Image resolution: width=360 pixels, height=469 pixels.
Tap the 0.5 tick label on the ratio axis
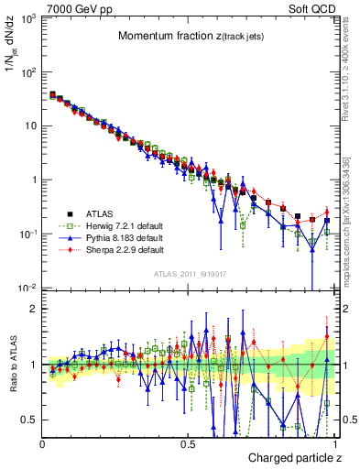tap(29, 420)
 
